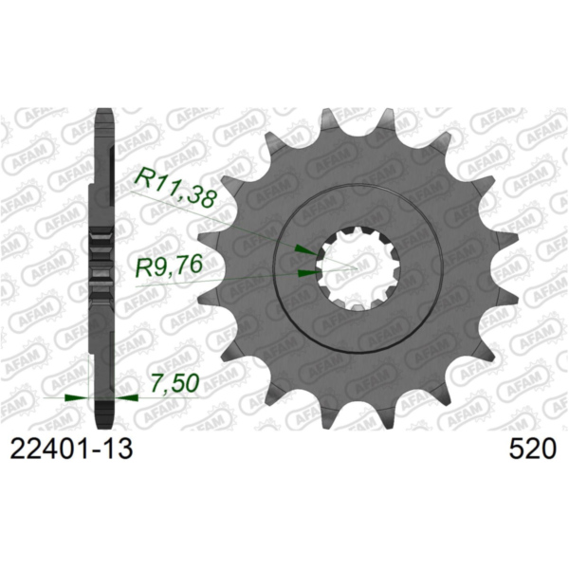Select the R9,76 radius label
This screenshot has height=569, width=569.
[x=168, y=266]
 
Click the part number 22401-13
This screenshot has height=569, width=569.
[x=70, y=449]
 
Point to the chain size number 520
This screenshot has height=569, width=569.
[x=531, y=449]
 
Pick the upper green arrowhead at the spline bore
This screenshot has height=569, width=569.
[x=304, y=249]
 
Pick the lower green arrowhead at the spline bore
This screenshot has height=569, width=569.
[x=306, y=273]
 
